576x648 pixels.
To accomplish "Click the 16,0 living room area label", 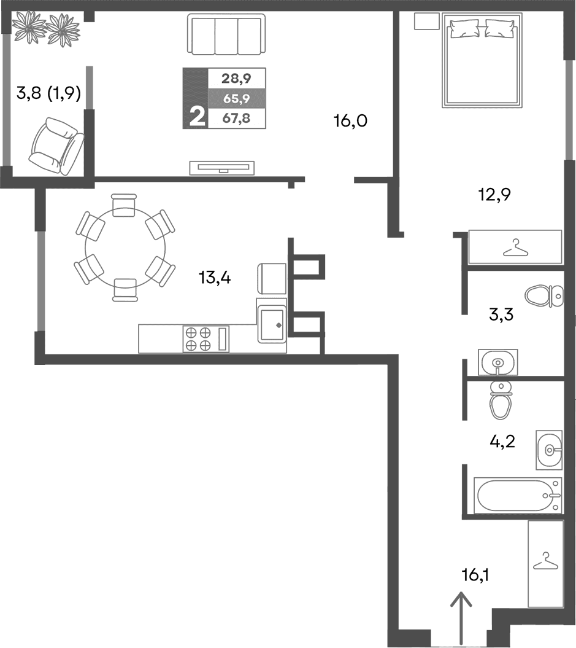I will (350, 120).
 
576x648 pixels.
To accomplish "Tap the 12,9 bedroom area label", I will (494, 195).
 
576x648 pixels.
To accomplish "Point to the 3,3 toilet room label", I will (501, 316).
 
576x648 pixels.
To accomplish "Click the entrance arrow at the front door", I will (460, 617).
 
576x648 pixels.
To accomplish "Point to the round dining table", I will (125, 247).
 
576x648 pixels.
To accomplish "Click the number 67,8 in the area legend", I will (236, 119).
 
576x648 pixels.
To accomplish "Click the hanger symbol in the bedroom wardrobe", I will (515, 248).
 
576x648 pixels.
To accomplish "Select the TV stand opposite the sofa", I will (221, 166).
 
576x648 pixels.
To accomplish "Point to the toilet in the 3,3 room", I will (545, 295).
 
